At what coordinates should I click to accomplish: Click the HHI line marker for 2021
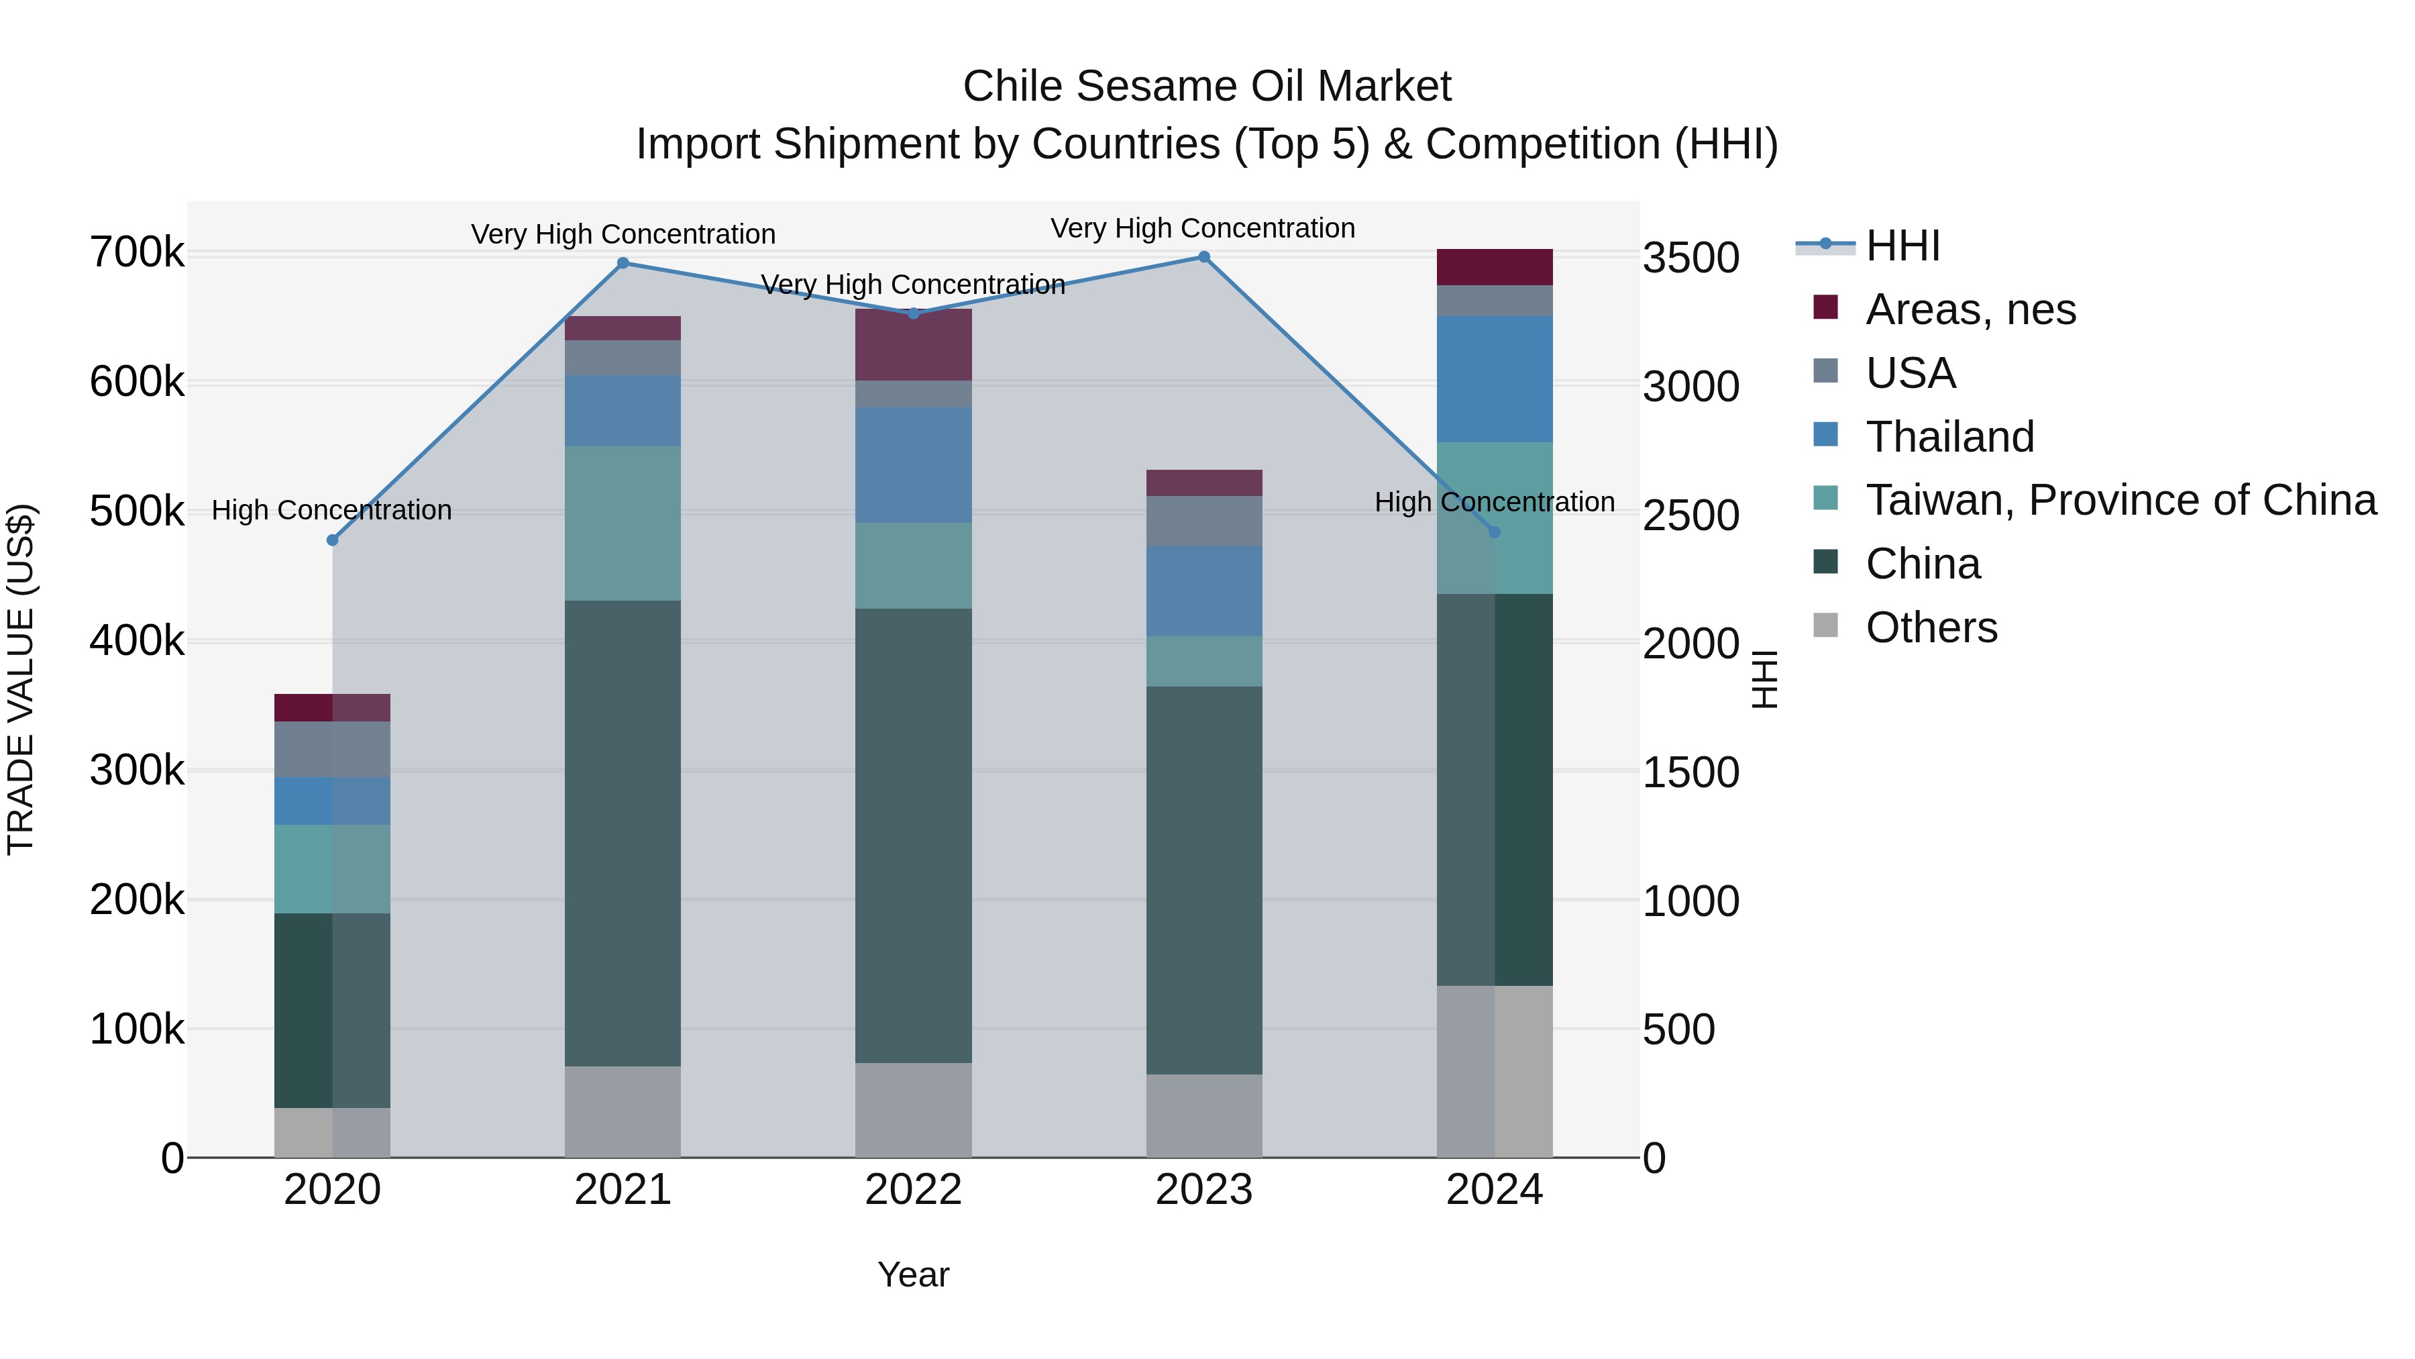coord(623,264)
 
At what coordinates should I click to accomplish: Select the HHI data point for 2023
coord(1203,257)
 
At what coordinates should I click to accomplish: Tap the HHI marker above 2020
coord(332,540)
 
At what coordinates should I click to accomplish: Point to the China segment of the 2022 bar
coord(913,835)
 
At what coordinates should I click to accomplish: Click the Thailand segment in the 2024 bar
coord(1495,379)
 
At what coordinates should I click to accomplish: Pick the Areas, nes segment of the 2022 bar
coord(913,344)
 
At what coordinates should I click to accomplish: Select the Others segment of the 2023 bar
coord(1203,1115)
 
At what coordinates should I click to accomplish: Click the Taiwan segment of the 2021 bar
coord(623,523)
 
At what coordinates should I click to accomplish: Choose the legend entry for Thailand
coord(1950,437)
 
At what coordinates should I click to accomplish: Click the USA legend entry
coord(1911,373)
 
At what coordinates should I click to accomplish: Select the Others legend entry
coord(1931,627)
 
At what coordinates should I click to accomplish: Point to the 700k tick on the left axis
coord(137,253)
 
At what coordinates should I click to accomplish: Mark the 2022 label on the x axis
coord(913,1190)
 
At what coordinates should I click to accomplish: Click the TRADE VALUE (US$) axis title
coord(21,679)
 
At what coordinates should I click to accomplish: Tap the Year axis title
coord(913,1274)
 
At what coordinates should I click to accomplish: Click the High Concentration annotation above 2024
coord(1495,502)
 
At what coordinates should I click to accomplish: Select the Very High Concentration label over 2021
coord(623,234)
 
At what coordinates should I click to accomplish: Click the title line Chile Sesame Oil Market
coord(1207,87)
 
